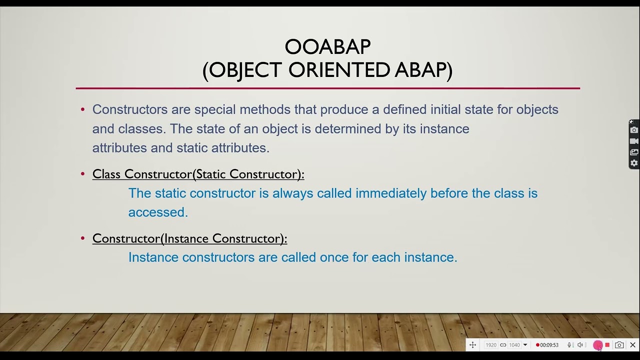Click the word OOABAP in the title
coord(327,47)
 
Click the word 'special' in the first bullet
coord(215,109)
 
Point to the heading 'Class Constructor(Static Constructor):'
coord(198,174)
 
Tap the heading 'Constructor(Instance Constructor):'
coord(189,238)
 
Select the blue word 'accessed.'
coord(158,212)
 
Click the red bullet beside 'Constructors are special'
coord(83,109)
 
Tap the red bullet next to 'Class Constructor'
coord(83,174)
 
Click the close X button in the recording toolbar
coord(632,345)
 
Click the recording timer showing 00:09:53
coord(548,345)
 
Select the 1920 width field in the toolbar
coord(491,345)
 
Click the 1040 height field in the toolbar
coord(514,345)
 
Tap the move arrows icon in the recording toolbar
coord(472,345)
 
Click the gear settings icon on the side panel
coord(634,163)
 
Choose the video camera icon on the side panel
coord(634,141)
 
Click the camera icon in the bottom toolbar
coord(619,345)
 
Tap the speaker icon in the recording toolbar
coord(580,345)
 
